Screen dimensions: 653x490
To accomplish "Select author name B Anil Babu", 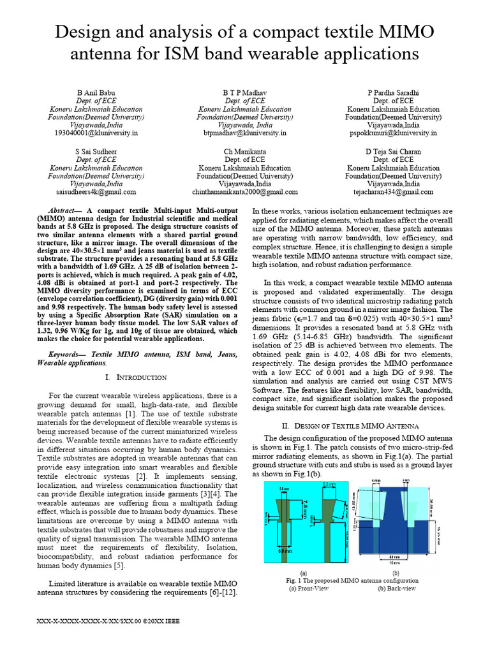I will click(x=96, y=92).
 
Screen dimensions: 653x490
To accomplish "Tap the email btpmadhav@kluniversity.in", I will click(x=245, y=134).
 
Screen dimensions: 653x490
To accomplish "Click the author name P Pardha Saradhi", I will click(x=394, y=92).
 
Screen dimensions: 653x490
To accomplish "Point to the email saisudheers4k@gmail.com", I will click(x=96, y=192).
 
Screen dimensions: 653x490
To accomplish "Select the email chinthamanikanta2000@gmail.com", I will click(x=245, y=192).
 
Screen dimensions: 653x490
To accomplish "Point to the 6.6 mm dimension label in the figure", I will click(x=295, y=551).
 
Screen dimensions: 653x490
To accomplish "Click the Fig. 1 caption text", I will click(x=352, y=581).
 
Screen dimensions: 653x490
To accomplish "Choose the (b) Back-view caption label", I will click(x=396, y=589).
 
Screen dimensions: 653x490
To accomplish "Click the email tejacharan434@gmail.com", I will click(x=394, y=192).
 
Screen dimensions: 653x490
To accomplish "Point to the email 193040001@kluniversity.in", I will click(x=96, y=134).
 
